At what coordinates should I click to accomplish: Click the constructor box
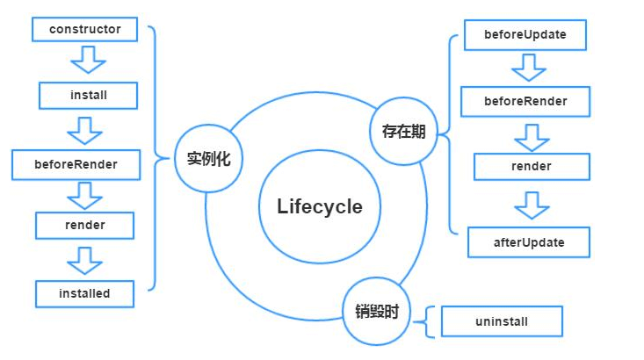[x=84, y=29]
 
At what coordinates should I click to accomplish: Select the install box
[x=88, y=95]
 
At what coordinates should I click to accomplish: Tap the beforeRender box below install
[x=76, y=163]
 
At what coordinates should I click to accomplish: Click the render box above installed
[x=84, y=226]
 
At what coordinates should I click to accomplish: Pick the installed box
[x=84, y=293]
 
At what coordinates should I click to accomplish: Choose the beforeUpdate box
[x=525, y=35]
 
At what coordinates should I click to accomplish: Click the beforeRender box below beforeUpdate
[x=525, y=101]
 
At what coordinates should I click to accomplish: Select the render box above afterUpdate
[x=531, y=166]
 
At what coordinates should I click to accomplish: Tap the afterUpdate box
[x=528, y=242]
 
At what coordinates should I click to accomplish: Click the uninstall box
[x=501, y=321]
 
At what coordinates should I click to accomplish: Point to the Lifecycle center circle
[x=319, y=207]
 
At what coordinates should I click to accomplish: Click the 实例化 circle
[x=209, y=160]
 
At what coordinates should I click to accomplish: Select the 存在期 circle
[x=403, y=132]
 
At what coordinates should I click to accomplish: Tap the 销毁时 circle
[x=377, y=311]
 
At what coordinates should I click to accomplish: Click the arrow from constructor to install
[x=86, y=61]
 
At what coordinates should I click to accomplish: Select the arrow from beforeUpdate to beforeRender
[x=529, y=67]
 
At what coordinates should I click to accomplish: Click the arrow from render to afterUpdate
[x=532, y=205]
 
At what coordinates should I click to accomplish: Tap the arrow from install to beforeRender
[x=86, y=129]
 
